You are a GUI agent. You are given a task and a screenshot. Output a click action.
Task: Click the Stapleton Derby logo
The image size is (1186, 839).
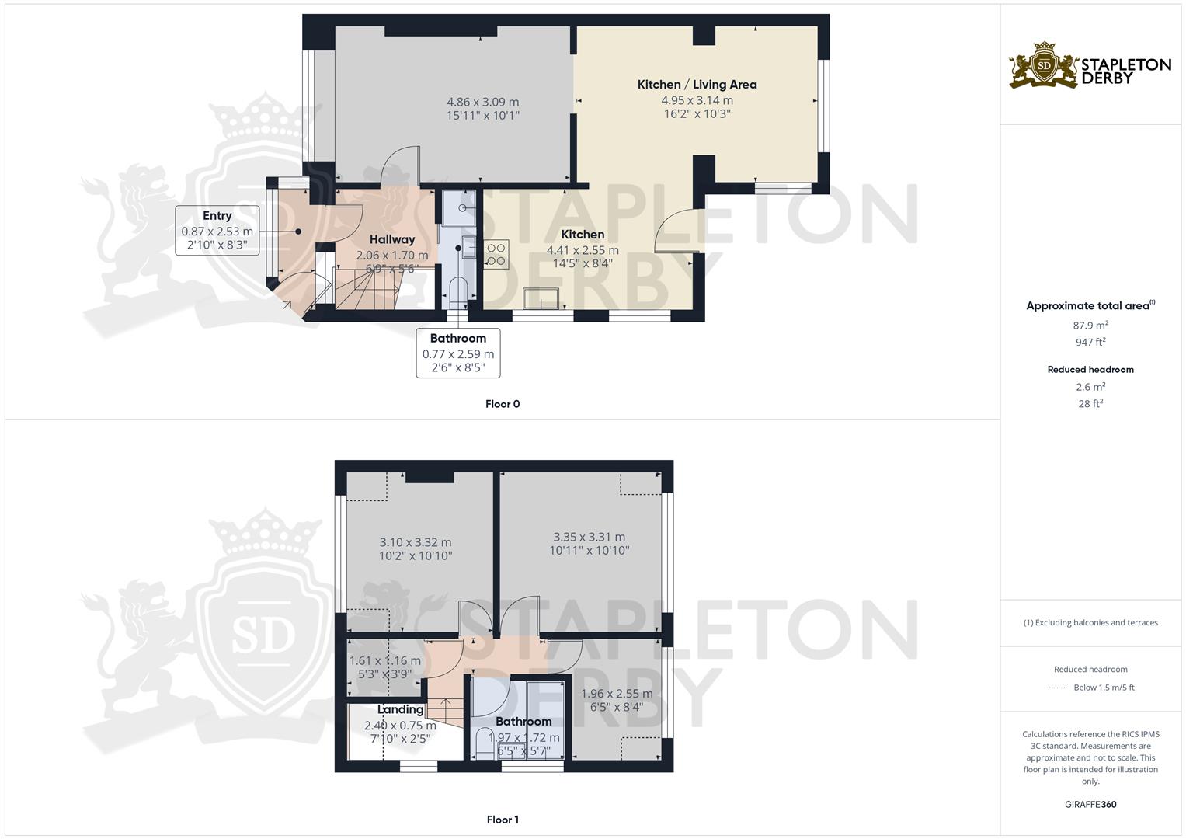[1089, 65]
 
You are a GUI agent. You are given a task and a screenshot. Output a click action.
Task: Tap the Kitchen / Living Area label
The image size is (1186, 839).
[697, 84]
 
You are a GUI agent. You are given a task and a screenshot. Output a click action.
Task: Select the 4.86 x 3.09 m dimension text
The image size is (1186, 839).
[482, 102]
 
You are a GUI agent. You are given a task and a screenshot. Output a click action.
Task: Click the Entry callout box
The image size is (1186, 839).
[217, 231]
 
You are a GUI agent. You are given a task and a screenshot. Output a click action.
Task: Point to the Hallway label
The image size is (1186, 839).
[391, 239]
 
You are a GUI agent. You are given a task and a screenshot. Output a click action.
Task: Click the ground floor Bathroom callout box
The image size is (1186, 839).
[457, 353]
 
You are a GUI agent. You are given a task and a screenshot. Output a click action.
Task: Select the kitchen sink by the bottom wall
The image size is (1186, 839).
[541, 298]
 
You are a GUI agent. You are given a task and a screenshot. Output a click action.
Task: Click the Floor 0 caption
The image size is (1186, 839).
[502, 404]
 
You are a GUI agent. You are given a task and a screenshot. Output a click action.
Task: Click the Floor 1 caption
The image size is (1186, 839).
[502, 820]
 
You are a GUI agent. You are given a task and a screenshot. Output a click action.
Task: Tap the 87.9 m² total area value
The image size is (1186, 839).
[1090, 326]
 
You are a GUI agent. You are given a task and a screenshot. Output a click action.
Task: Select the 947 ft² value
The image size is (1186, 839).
[1090, 342]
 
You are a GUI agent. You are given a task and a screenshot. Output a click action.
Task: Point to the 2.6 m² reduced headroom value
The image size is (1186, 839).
[1090, 386]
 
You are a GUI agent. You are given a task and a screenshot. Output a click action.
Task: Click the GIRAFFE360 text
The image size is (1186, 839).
[1090, 804]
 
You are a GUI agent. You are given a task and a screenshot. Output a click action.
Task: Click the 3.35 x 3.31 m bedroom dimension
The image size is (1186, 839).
[589, 537]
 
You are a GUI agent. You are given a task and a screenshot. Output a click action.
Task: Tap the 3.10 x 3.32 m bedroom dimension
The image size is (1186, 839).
[415, 542]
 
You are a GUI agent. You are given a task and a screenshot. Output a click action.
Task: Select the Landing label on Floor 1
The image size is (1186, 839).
[400, 709]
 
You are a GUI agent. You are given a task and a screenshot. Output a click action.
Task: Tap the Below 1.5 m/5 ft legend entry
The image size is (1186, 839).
[1103, 688]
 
